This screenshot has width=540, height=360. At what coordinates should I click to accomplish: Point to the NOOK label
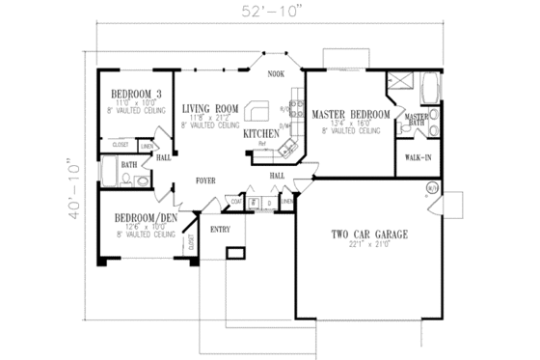click(276, 74)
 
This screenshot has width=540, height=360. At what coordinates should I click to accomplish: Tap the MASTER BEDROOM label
click(350, 115)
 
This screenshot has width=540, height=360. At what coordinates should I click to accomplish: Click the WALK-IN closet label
click(418, 155)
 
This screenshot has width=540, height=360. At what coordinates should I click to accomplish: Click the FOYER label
click(205, 180)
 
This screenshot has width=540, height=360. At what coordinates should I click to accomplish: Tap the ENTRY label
click(220, 230)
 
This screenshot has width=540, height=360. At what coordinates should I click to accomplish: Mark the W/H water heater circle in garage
click(432, 185)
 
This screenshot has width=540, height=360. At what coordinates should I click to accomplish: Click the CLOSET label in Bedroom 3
click(121, 145)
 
